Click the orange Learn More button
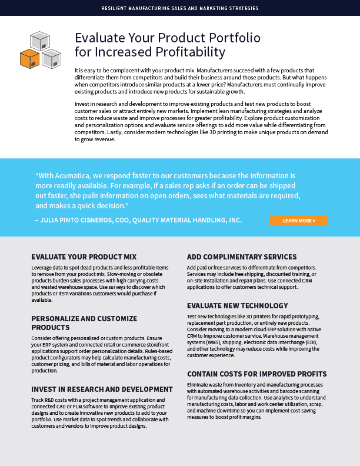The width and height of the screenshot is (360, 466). tap(299, 221)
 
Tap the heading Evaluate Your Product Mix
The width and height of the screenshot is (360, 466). tap(84, 257)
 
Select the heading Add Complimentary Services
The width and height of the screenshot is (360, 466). tap(242, 257)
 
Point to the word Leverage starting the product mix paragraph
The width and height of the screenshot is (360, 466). tap(42, 268)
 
